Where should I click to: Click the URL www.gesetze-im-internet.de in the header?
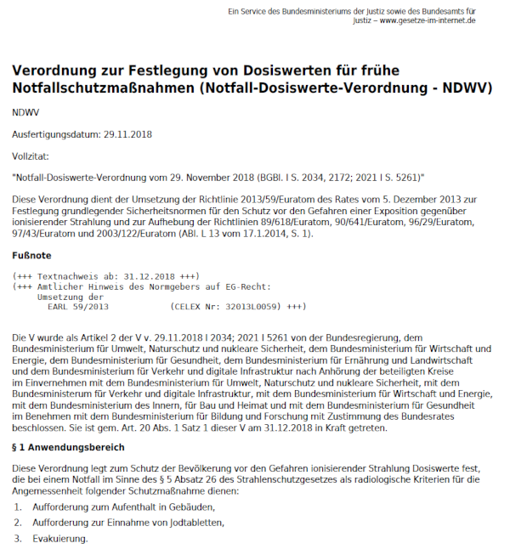[x=428, y=20]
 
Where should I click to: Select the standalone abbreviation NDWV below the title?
[x=26, y=112]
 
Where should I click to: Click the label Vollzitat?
[x=31, y=156]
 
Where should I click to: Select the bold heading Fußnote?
[x=32, y=255]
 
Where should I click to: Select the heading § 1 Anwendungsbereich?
[x=67, y=448]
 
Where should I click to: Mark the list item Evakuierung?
[x=59, y=539]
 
